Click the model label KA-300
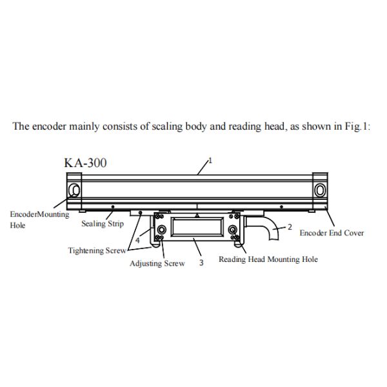(x=85, y=162)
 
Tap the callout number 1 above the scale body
(x=209, y=159)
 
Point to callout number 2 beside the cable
(x=290, y=226)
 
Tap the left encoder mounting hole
(x=75, y=190)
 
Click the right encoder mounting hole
(x=320, y=190)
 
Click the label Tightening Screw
(x=97, y=250)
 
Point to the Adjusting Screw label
(x=157, y=263)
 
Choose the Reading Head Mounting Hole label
(x=268, y=259)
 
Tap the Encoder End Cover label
(x=332, y=232)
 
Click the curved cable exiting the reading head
(x=262, y=230)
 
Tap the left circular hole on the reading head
(x=161, y=230)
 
